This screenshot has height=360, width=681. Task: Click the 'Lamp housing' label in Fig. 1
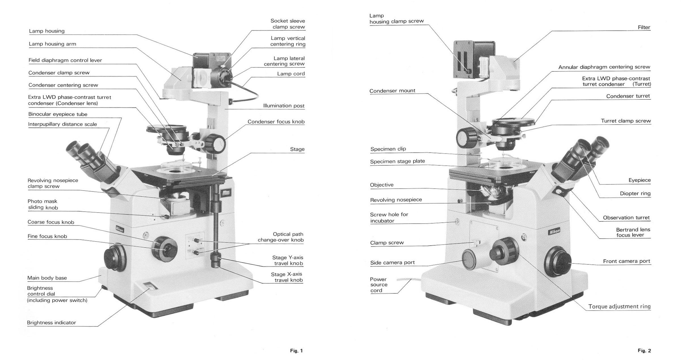pyautogui.click(x=47, y=31)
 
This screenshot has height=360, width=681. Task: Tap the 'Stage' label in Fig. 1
pyautogui.click(x=297, y=149)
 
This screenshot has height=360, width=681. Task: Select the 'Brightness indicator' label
pyautogui.click(x=51, y=323)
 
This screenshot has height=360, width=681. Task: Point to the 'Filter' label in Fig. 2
pyautogui.click(x=644, y=27)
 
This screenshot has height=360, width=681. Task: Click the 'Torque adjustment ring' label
pyautogui.click(x=619, y=306)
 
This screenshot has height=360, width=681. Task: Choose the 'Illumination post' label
pyautogui.click(x=284, y=106)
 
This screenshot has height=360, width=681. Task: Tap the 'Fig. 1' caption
pyautogui.click(x=296, y=351)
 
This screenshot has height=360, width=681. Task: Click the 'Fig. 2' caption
pyautogui.click(x=644, y=351)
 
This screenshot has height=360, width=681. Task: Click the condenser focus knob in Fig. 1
pyautogui.click(x=216, y=144)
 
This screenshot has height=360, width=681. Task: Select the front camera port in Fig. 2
pyautogui.click(x=558, y=262)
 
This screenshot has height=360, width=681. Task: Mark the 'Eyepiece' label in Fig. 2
pyautogui.click(x=640, y=180)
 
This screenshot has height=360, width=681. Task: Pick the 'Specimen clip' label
pyautogui.click(x=388, y=149)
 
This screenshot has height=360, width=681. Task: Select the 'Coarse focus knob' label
pyautogui.click(x=51, y=222)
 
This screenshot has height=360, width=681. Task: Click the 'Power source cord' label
pyautogui.click(x=379, y=285)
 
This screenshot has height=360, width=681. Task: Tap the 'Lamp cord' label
pyautogui.click(x=291, y=74)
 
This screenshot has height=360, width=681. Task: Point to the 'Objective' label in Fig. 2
pyautogui.click(x=382, y=185)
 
